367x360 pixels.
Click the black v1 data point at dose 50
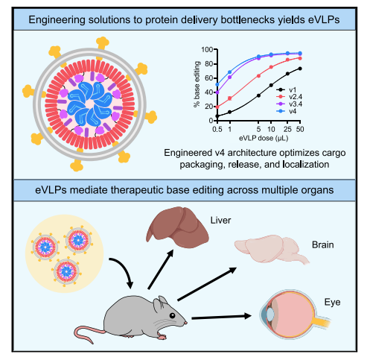[300, 69]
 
